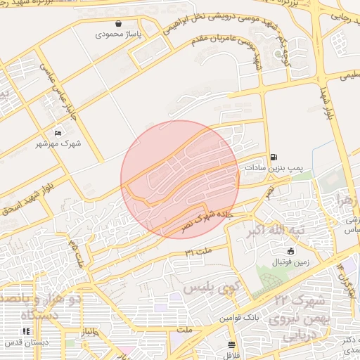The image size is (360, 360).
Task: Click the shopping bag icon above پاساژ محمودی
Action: [120, 23]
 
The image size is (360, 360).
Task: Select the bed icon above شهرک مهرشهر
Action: [58, 133]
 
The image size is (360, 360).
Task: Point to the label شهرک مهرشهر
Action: [58, 143]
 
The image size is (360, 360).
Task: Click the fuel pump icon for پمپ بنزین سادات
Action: [273, 157]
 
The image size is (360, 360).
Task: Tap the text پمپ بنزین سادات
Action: [273, 168]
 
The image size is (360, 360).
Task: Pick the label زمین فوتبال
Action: [290, 262]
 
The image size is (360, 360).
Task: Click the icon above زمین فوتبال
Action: [290, 251]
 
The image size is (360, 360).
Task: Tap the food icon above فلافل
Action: [232, 344]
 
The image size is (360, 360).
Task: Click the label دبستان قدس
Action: [27, 342]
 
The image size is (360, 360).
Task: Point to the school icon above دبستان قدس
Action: [26, 331]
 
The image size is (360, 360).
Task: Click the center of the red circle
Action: [180, 179]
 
